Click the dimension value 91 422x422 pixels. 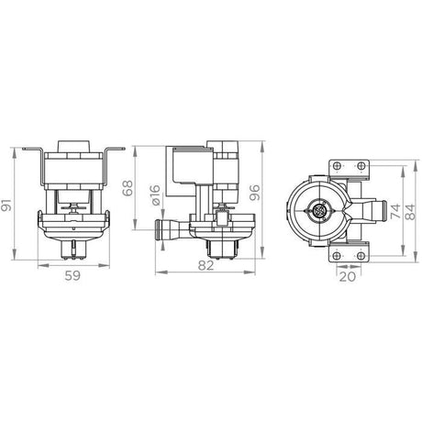tap(6, 205)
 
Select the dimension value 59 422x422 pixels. tap(72, 276)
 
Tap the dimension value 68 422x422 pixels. tap(128, 188)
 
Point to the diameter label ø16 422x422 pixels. tap(155, 194)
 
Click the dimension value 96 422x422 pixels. tap(255, 193)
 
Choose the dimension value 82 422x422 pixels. tap(205, 265)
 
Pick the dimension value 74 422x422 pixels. tap(395, 211)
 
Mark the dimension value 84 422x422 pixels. tap(412, 212)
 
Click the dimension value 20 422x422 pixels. tap(348, 277)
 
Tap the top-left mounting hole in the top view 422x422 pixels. tap(337, 166)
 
